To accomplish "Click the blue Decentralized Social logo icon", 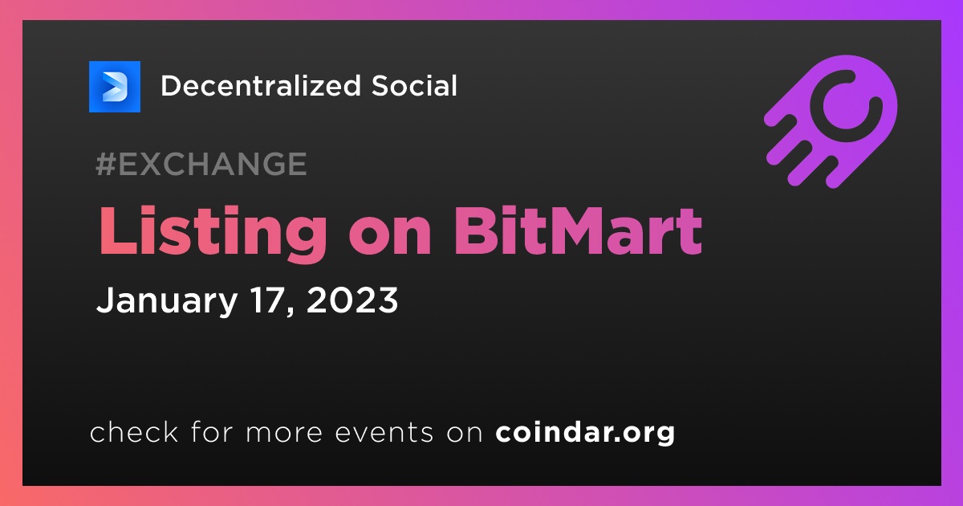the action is pyautogui.click(x=114, y=87).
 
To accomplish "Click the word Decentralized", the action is pyautogui.click(x=261, y=86).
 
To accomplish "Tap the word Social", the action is pyautogui.click(x=414, y=86).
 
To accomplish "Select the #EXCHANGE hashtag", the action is pyautogui.click(x=201, y=164).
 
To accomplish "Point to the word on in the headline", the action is pyautogui.click(x=390, y=238).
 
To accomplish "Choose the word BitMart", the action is pyautogui.click(x=578, y=231).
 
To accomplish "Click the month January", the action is pyautogui.click(x=167, y=302).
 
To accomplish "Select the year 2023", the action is pyautogui.click(x=352, y=300).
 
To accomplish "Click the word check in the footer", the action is pyautogui.click(x=134, y=431).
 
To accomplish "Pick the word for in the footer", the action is pyautogui.click(x=213, y=431).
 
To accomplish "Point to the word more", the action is pyautogui.click(x=284, y=434).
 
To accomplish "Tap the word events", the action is pyautogui.click(x=384, y=433).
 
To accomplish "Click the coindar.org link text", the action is pyautogui.click(x=585, y=433).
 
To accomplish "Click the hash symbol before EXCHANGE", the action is pyautogui.click(x=106, y=164).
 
